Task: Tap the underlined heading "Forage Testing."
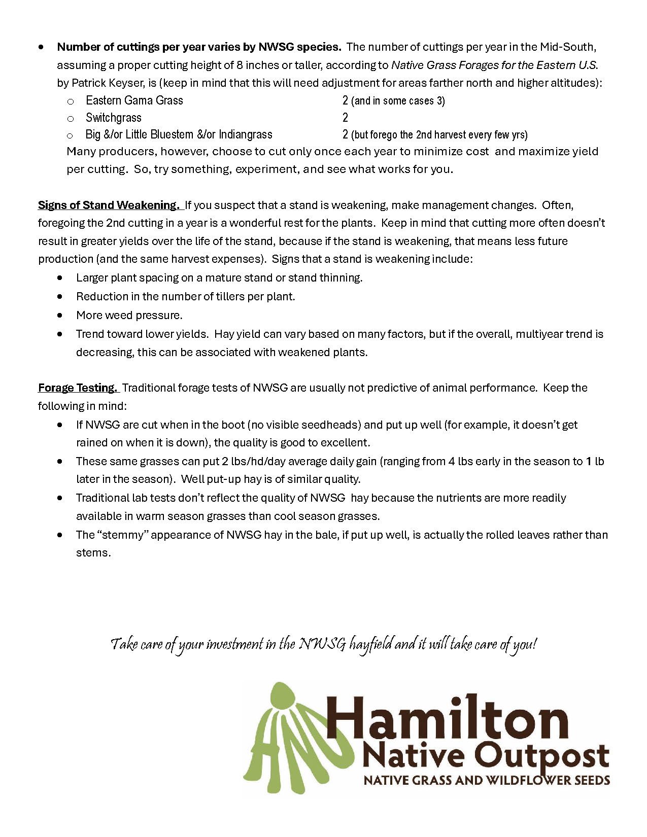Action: point(78,388)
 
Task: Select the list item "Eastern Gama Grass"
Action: point(134,100)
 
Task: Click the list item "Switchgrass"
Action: point(113,118)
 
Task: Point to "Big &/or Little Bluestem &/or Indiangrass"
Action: point(179,134)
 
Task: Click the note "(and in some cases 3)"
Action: point(398,101)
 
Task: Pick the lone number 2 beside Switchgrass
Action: point(345,118)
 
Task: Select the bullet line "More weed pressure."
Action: point(129,315)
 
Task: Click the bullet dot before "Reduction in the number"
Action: point(60,296)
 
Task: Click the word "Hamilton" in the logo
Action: point(447,719)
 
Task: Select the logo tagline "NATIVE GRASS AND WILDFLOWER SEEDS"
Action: point(486,780)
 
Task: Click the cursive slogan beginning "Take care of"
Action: point(323,644)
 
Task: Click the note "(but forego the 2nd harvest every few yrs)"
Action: point(439,135)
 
